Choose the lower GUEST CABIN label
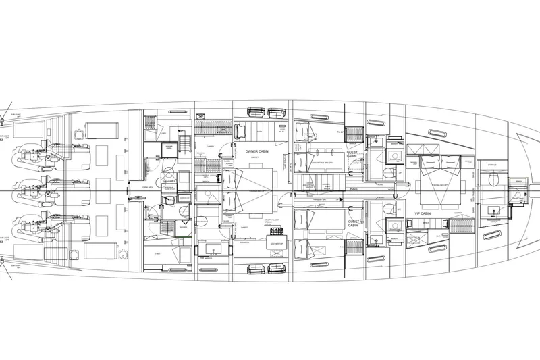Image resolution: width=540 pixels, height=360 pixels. (356, 224)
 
